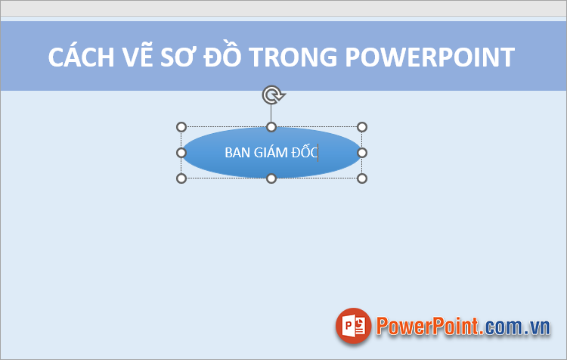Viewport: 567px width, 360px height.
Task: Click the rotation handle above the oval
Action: point(271,95)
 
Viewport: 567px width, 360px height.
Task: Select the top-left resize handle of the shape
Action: point(181,127)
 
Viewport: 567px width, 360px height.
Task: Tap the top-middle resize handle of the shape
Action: point(271,127)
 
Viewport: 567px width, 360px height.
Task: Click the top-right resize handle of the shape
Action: point(362,127)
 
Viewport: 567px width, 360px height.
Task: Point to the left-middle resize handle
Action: point(181,153)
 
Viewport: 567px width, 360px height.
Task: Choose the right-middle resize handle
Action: point(362,153)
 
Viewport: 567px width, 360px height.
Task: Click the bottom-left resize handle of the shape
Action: point(181,178)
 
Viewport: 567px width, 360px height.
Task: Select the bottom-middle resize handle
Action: point(271,178)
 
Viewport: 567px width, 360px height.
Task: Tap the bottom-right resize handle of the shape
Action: point(362,178)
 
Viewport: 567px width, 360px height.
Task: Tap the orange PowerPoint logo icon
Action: point(354,327)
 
